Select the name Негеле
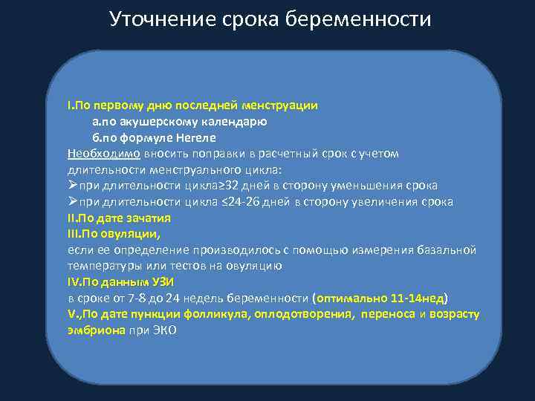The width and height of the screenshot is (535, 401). pyautogui.click(x=195, y=137)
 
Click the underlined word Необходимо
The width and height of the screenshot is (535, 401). pyautogui.click(x=103, y=153)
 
